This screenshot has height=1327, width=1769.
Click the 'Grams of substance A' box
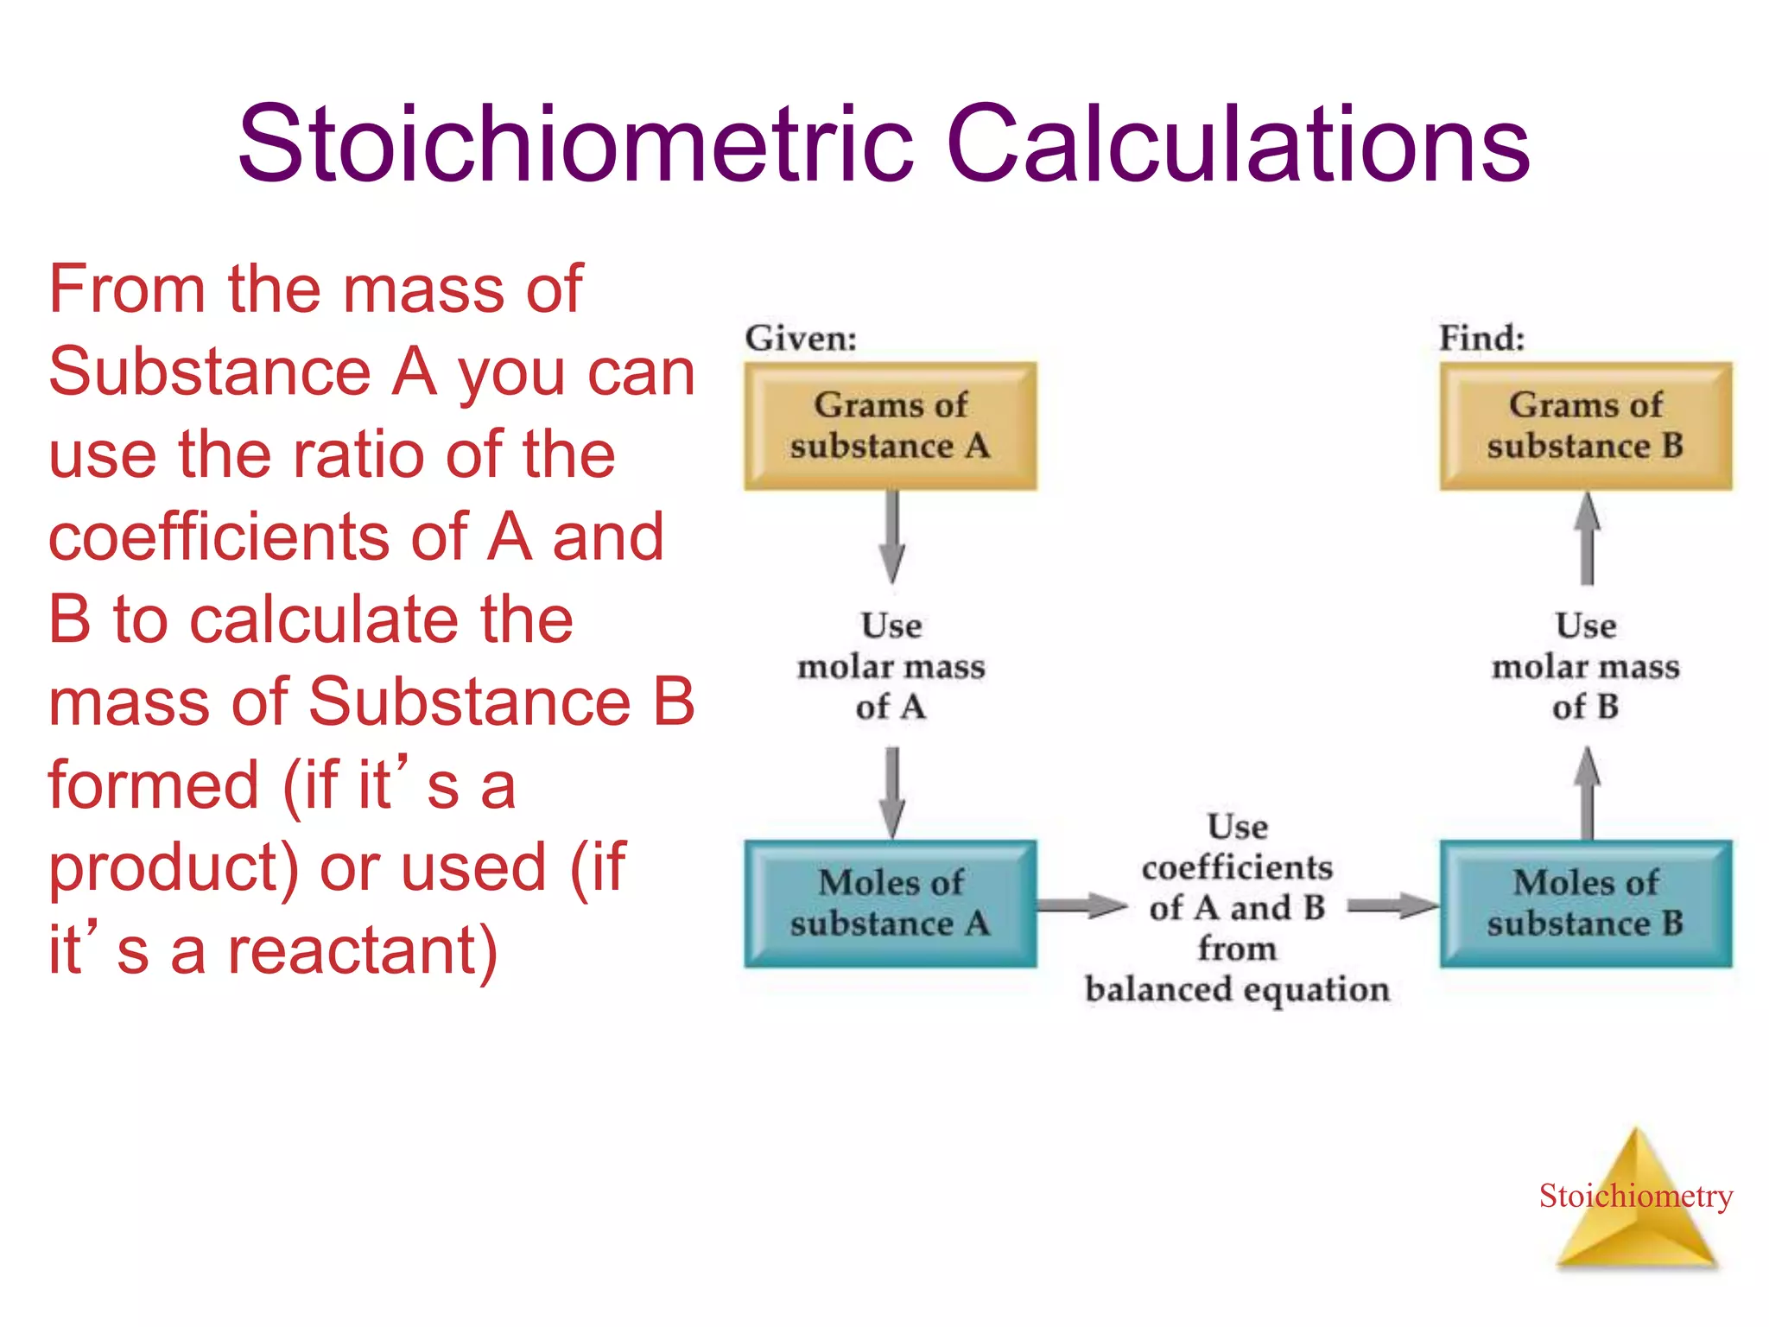pyautogui.click(x=891, y=426)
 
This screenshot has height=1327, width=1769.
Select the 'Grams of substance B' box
pyautogui.click(x=1585, y=426)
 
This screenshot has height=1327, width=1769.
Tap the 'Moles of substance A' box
pyautogui.click(x=891, y=904)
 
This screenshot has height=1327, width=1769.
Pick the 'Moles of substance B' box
pyautogui.click(x=1585, y=904)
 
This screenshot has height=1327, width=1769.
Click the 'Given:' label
pyautogui.click(x=801, y=338)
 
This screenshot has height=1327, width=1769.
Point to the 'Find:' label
pyautogui.click(x=1481, y=338)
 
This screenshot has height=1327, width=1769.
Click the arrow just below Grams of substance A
pyautogui.click(x=892, y=536)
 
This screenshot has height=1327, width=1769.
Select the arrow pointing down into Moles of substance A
pyautogui.click(x=892, y=790)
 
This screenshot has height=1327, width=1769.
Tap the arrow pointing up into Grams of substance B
pyautogui.click(x=1587, y=537)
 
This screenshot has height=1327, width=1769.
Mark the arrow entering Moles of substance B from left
pyautogui.click(x=1392, y=905)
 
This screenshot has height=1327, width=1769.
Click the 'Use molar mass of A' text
pyautogui.click(x=891, y=666)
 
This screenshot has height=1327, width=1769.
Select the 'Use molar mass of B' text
pyautogui.click(x=1586, y=666)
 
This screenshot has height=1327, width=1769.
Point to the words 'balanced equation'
pyautogui.click(x=1237, y=989)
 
